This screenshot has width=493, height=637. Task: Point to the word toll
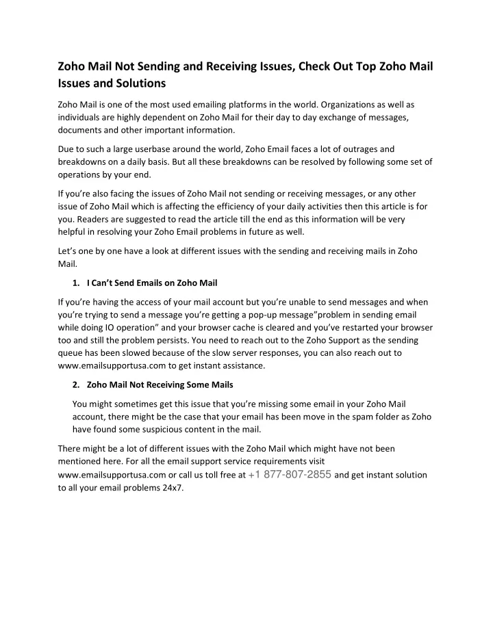(223, 474)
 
